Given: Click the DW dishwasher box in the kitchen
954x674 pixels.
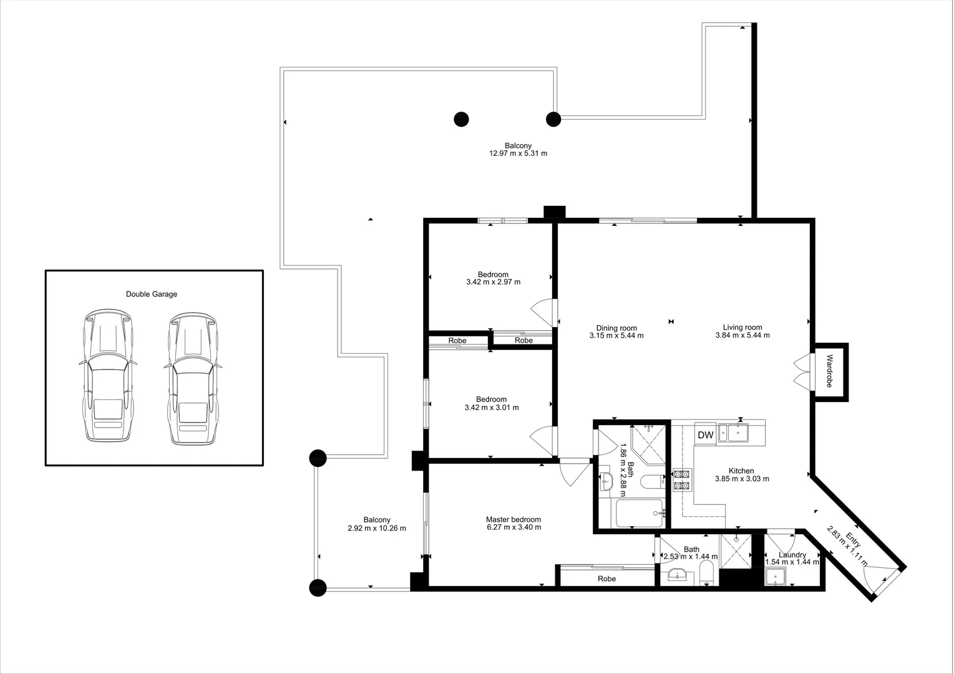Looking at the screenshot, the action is (705, 434).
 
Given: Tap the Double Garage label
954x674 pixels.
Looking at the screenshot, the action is (152, 294).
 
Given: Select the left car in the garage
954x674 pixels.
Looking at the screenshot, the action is (108, 375).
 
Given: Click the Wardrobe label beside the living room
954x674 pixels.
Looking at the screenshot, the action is (830, 371).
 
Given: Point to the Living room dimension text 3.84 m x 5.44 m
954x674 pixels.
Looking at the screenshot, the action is (742, 335).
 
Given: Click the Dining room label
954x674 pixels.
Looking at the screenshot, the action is (616, 328).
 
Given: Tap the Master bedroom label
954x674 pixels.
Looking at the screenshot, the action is (514, 519).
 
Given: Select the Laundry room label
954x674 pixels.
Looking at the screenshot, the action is (792, 555).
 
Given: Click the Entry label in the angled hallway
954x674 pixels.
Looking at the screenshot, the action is (854, 540).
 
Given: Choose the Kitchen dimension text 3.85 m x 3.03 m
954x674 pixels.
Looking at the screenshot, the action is (742, 479).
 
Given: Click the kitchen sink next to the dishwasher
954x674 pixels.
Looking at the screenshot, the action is (733, 433).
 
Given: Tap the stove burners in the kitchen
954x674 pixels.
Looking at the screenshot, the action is (683, 480).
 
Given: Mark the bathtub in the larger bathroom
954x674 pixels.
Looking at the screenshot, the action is (640, 513).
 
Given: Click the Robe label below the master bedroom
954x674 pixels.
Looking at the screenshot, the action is (607, 579).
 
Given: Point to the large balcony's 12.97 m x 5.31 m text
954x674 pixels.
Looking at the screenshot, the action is (518, 154).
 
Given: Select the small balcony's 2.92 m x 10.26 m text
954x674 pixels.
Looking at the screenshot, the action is (377, 529).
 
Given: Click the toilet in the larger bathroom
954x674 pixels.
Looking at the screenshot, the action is (652, 482).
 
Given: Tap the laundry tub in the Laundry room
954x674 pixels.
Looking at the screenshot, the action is (776, 578).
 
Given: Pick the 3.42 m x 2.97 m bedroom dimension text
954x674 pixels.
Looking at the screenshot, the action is (493, 282).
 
